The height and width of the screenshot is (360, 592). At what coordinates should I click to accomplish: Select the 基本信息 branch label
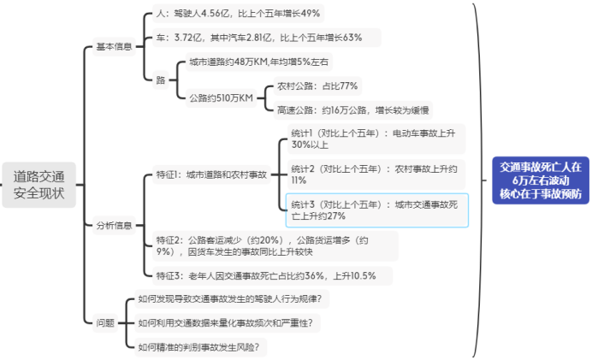click(114, 47)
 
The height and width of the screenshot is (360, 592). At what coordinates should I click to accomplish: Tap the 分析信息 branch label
click(114, 226)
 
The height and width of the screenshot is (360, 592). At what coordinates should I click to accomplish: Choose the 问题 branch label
click(105, 322)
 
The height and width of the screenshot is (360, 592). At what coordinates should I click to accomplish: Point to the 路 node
click(161, 80)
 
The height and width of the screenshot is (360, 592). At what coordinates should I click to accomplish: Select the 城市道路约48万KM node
click(258, 62)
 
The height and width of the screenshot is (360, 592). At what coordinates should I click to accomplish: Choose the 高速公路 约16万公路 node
click(352, 109)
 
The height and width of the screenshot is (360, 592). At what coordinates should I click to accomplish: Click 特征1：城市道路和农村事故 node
click(210, 174)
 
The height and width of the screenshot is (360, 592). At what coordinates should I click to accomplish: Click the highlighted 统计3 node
click(377, 210)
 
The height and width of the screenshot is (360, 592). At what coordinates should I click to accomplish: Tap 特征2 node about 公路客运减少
click(271, 245)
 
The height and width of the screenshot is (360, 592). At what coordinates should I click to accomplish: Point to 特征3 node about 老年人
click(270, 275)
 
